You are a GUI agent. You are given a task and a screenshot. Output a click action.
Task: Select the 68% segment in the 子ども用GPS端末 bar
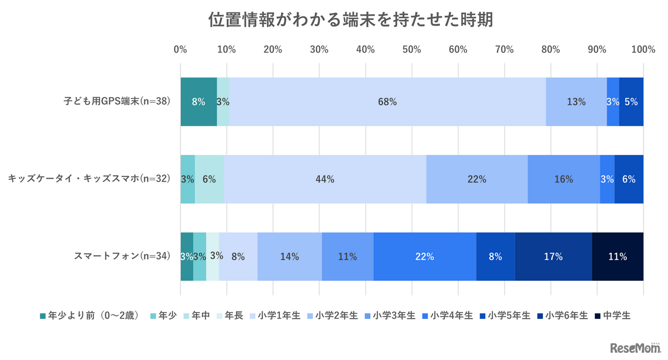tap(387, 102)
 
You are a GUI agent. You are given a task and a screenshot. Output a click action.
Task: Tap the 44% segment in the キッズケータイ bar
tap(325, 179)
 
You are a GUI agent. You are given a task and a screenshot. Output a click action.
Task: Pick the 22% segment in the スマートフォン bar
tap(425, 257)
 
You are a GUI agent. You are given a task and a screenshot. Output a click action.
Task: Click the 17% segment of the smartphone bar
tap(553, 257)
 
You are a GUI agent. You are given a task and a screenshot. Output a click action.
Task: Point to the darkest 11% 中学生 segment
tap(617, 257)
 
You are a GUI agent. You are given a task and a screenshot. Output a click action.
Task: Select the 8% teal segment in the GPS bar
tap(198, 102)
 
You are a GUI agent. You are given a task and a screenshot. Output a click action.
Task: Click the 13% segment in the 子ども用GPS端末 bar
tap(576, 102)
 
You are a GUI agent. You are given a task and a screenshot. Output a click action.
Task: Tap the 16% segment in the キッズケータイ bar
tap(564, 179)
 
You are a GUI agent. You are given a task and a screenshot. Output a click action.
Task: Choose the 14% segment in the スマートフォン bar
tap(290, 257)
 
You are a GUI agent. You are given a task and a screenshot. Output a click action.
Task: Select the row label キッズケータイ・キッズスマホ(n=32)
tap(89, 179)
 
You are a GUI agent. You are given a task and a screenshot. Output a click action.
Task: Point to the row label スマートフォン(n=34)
tap(122, 256)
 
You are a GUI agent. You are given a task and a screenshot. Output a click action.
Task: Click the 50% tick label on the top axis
tap(411, 50)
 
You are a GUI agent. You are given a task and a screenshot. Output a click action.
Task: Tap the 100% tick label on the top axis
tap(642, 50)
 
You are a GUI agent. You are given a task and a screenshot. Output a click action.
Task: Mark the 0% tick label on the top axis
tap(180, 50)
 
